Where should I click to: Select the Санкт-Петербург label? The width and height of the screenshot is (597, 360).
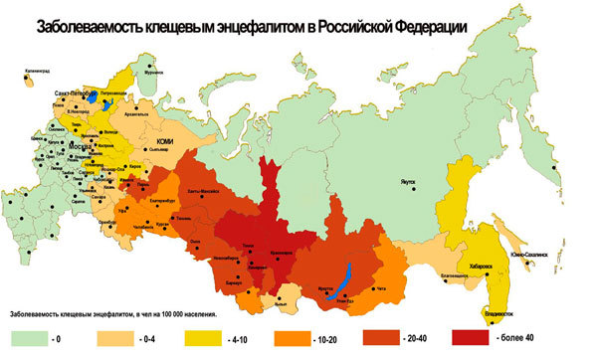pos(79,90)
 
